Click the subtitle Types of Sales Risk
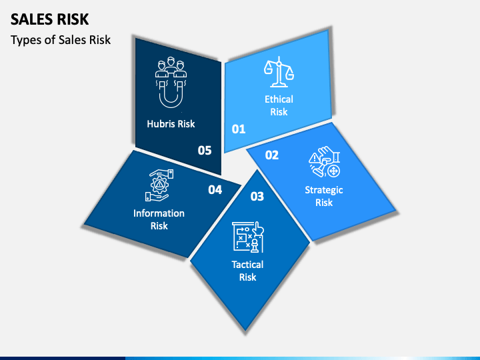pyautogui.click(x=61, y=40)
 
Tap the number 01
pyautogui.click(x=239, y=129)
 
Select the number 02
pyautogui.click(x=272, y=155)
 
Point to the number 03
pyautogui.click(x=257, y=196)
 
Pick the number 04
pyautogui.click(x=215, y=190)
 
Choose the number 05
pyautogui.click(x=205, y=151)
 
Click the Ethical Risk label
pyautogui.click(x=279, y=105)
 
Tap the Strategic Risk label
pyautogui.click(x=324, y=196)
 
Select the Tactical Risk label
pyautogui.click(x=247, y=271)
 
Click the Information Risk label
pyautogui.click(x=159, y=219)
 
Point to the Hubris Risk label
pyautogui.click(x=171, y=123)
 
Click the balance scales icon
pyautogui.click(x=279, y=73)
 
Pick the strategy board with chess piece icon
pyautogui.click(x=247, y=237)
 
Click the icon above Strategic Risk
pyautogui.click(x=325, y=163)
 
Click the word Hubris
pyautogui.click(x=161, y=123)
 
